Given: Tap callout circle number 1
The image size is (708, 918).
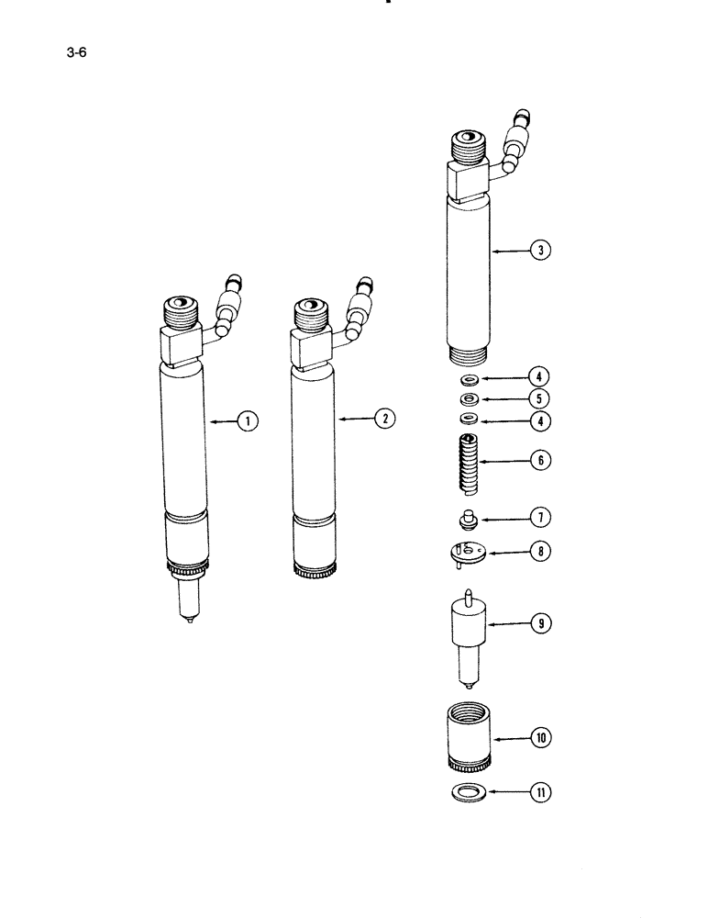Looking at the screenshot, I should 245,420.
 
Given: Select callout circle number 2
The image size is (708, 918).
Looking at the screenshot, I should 383,419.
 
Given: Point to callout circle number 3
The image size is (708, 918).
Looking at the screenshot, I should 542,250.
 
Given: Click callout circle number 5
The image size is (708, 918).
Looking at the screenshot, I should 538,398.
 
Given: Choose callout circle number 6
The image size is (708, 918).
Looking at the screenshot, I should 542,460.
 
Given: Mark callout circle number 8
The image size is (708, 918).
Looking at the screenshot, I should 538,553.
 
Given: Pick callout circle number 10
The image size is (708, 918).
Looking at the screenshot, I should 541,736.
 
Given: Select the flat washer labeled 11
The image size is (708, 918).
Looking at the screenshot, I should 470,791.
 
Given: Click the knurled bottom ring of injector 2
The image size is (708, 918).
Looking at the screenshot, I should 315,572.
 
